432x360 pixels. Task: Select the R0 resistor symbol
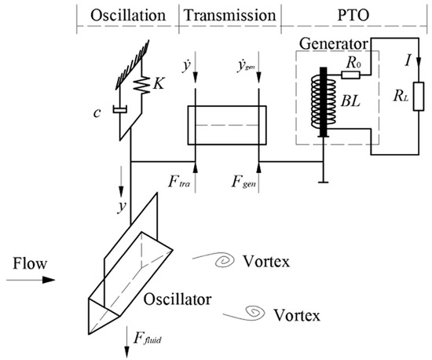coord(350,75)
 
